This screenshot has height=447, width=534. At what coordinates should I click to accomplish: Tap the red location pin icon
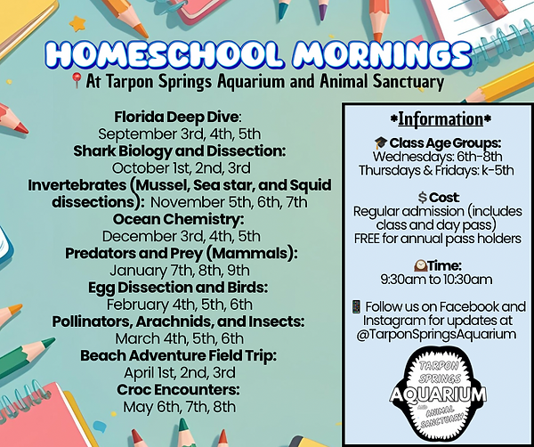[x=77, y=82]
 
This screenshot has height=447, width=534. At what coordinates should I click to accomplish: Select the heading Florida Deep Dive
[x=174, y=117]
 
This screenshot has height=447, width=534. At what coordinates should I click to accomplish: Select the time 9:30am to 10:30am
[x=437, y=279]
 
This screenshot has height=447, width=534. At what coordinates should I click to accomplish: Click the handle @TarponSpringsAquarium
[x=437, y=334]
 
